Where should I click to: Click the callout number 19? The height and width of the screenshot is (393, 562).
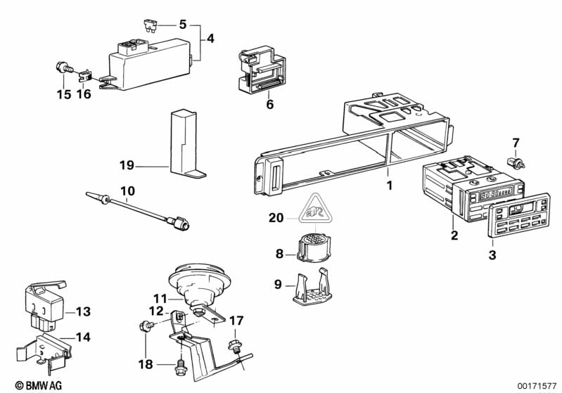127,166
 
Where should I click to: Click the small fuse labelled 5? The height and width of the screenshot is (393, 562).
149,27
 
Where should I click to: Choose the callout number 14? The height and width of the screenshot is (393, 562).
83,337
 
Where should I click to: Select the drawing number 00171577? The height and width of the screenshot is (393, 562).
535,385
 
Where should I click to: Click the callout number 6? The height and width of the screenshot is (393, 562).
269,105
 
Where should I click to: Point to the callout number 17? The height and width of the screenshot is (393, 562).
237,321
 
